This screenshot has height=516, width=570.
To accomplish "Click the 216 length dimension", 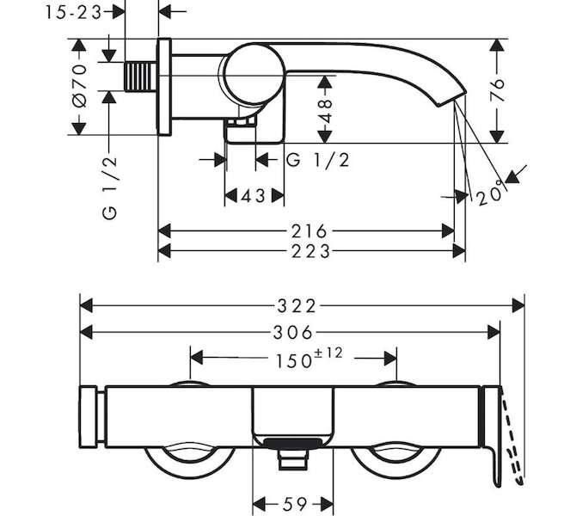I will [307, 230].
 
